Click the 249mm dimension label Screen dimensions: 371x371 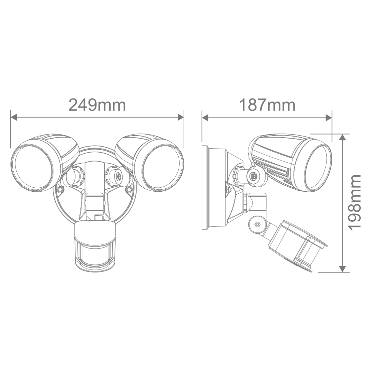tap(97, 105)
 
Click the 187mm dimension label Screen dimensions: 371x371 tap(267, 105)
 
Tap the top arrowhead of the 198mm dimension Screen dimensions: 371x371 tap(342, 137)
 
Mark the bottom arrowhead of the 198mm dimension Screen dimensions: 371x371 tap(342, 269)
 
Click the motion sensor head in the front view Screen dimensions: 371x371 tap(95, 247)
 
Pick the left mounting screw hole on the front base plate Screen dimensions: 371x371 tap(60, 190)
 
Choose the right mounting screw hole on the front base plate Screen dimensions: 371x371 tap(129, 190)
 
